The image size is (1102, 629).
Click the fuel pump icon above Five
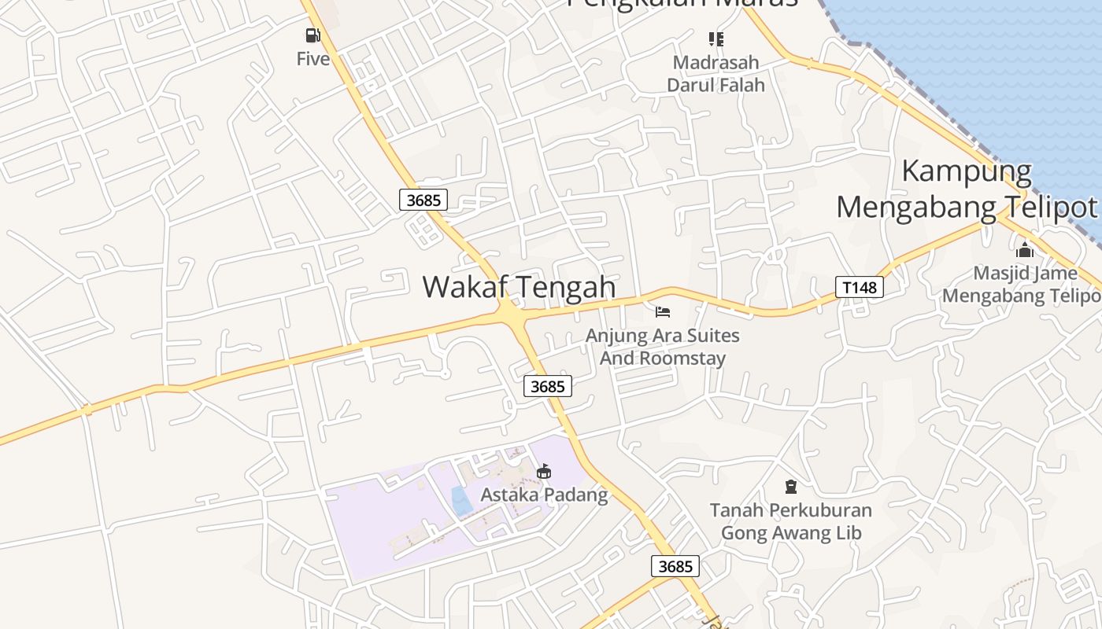tap(313, 35)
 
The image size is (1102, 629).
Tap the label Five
tap(312, 59)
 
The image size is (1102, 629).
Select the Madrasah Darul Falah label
tap(716, 73)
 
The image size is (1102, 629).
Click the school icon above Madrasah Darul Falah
tap(716, 39)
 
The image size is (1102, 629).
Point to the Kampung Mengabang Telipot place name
tap(967, 189)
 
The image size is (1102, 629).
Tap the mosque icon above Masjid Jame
tap(1024, 250)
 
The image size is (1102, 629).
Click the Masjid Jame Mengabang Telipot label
tap(1022, 285)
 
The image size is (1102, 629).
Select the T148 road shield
tap(859, 287)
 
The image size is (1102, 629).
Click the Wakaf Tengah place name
tap(519, 287)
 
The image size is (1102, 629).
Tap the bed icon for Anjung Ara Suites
tap(663, 312)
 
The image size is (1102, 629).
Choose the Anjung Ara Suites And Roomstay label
tap(662, 347)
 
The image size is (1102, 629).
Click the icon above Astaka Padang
tap(543, 472)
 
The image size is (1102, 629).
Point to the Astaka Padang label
tap(544, 495)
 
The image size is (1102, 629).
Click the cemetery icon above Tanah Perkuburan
tap(791, 487)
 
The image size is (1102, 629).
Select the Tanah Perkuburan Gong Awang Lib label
tap(791, 521)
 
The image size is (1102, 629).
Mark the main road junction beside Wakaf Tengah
tap(510, 314)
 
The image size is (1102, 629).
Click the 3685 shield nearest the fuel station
tap(423, 200)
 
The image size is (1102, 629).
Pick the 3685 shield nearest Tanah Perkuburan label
tap(675, 566)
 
